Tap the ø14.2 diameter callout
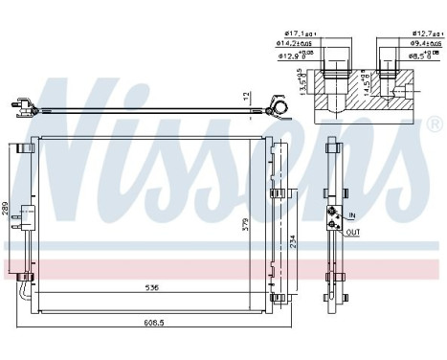[291, 43]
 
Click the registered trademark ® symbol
[435, 125]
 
